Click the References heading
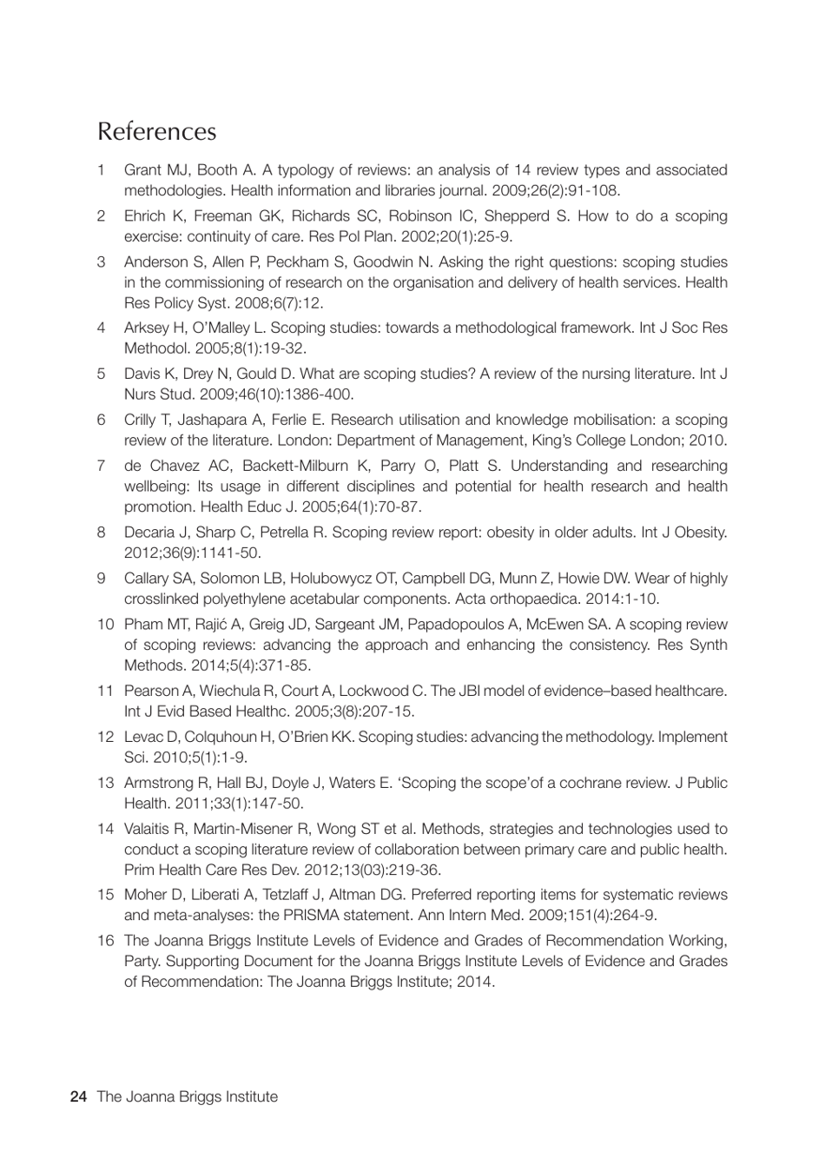pos(156,131)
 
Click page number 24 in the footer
pos(78,1096)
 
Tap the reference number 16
pos(105,940)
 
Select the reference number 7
pos(102,466)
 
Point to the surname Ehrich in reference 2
pos(145,216)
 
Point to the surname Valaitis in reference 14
pos(148,829)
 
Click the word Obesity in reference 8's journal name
pos(699,532)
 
